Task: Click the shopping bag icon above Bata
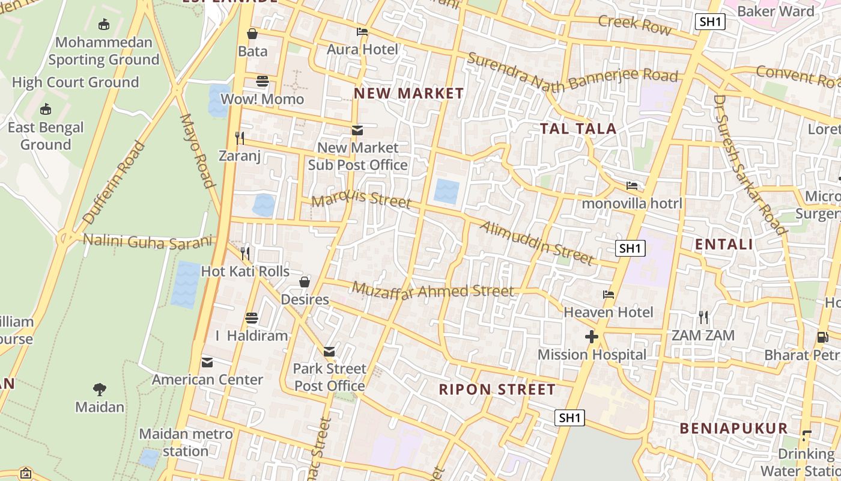(x=252, y=33)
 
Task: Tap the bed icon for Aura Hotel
(x=362, y=32)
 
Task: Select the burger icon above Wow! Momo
(x=263, y=81)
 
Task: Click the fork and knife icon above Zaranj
(x=240, y=138)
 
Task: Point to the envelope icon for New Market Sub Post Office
(x=357, y=130)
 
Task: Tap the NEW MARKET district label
(x=408, y=93)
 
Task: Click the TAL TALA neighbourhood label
(x=578, y=129)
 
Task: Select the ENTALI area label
(x=724, y=244)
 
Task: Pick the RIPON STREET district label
(x=497, y=389)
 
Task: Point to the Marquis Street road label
(x=361, y=198)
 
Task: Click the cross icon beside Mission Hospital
(x=592, y=337)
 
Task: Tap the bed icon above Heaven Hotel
(x=609, y=295)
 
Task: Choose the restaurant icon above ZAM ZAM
(x=703, y=317)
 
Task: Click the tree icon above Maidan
(x=100, y=390)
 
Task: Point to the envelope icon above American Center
(x=207, y=362)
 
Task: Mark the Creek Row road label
(x=634, y=24)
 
